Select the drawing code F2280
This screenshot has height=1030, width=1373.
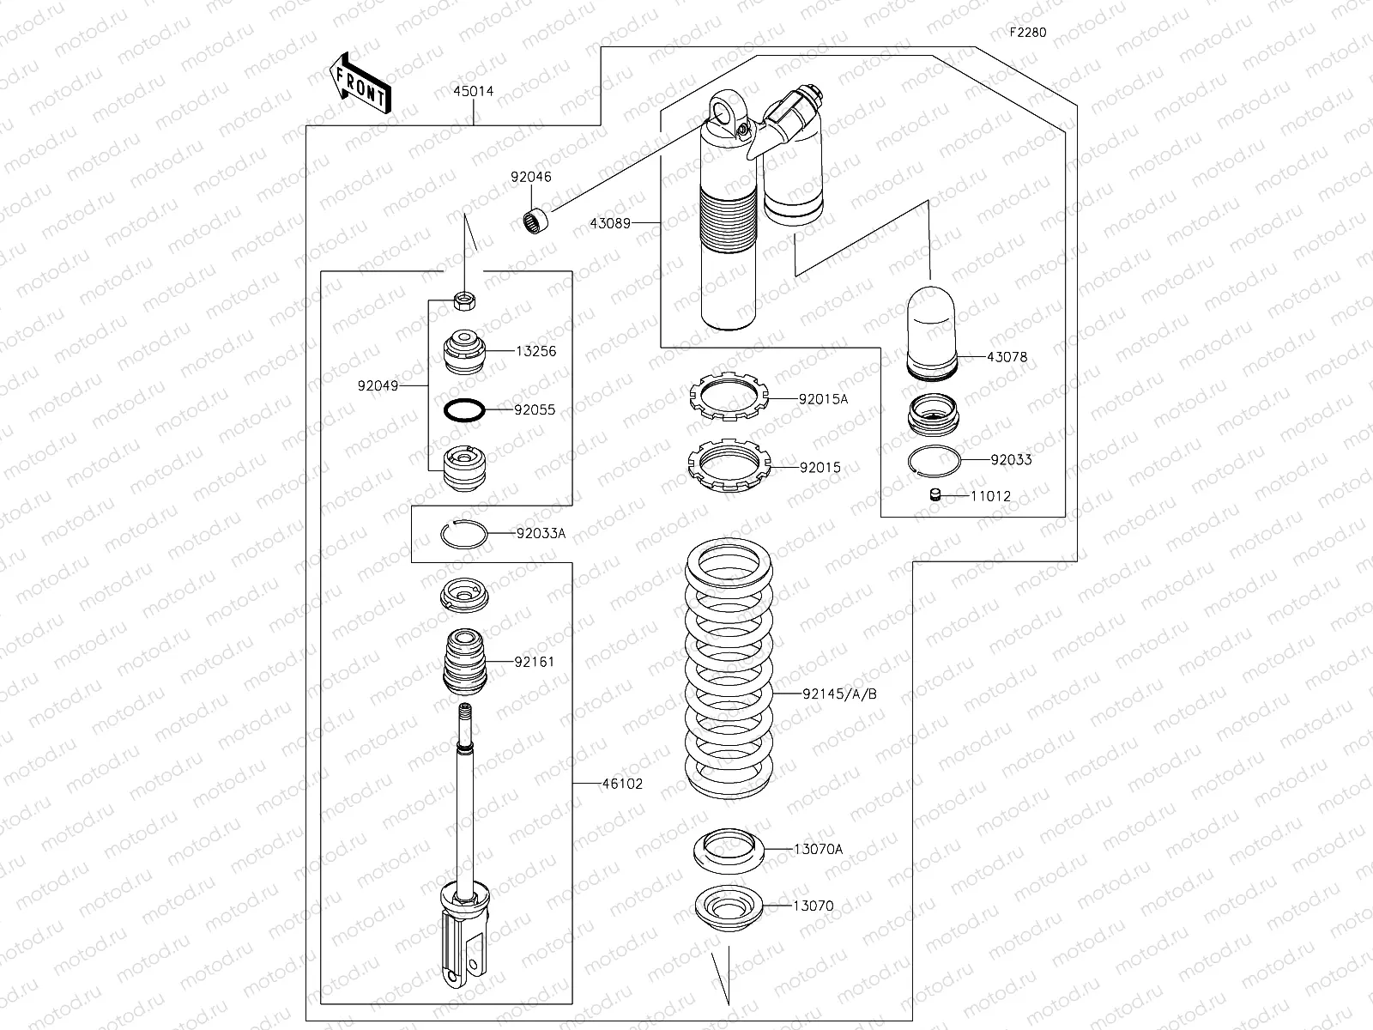point(1027,33)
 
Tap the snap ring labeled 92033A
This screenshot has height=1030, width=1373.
point(464,533)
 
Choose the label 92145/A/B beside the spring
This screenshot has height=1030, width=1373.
point(839,694)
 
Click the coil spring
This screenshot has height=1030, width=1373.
point(730,669)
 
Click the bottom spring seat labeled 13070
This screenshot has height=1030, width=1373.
point(729,908)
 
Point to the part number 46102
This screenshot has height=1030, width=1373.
point(622,784)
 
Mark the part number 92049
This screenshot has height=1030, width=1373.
point(378,386)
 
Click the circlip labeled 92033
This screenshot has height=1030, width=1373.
point(934,460)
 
